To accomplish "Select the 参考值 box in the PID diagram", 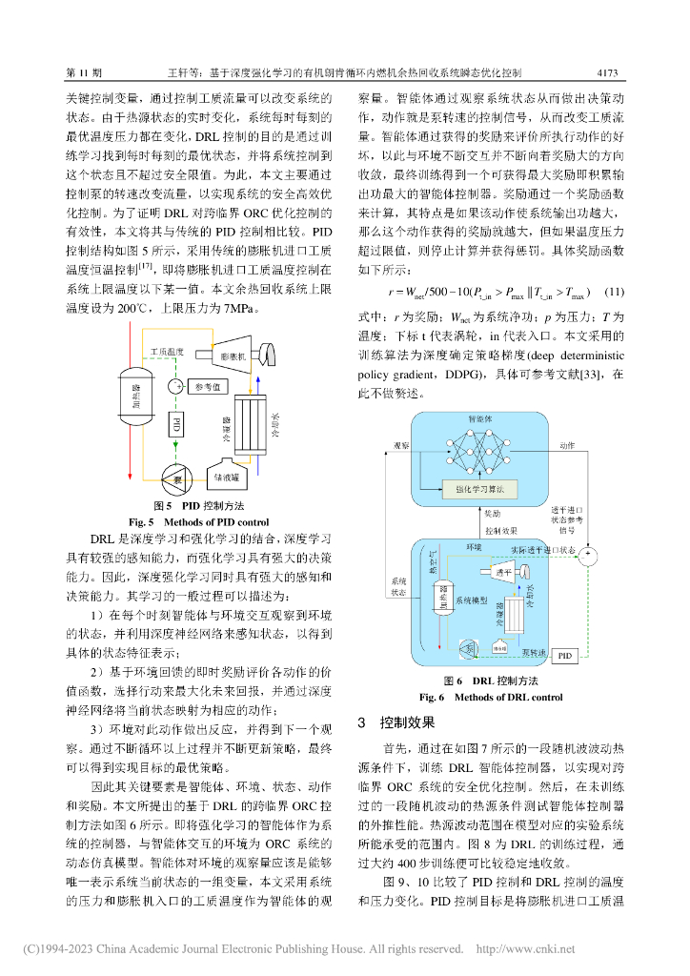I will click(x=207, y=386).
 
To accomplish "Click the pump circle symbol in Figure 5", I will click(x=176, y=474).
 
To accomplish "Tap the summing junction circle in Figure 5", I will click(x=176, y=386).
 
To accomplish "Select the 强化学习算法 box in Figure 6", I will click(x=479, y=488).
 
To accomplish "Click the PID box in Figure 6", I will click(x=565, y=656).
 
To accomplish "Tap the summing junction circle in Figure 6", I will click(x=589, y=554).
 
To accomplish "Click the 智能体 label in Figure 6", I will click(x=478, y=419).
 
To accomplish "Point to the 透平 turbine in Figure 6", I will click(x=507, y=572).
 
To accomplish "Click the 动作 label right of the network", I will click(x=567, y=446).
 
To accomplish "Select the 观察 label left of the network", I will click(x=401, y=446).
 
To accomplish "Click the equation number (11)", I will click(x=614, y=291).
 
